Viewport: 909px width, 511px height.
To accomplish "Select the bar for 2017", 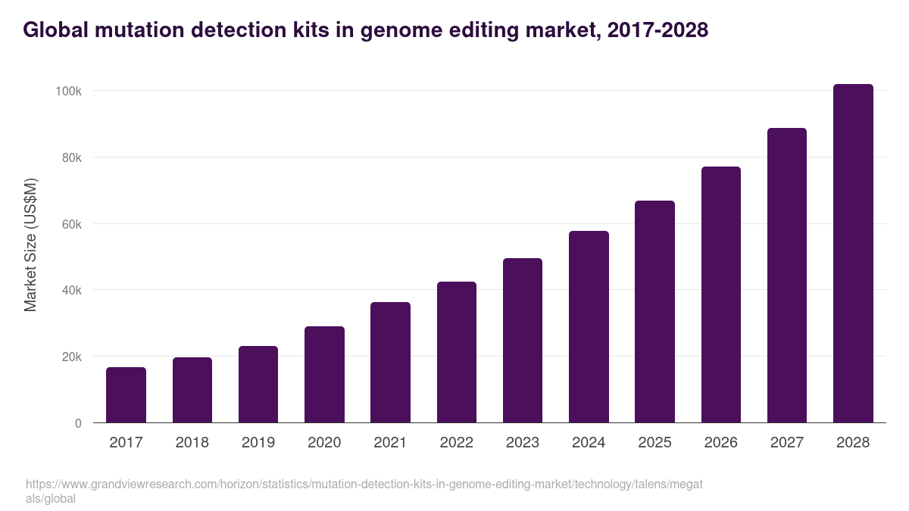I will tap(126, 395).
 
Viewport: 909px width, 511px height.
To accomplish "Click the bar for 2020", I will tap(324, 375).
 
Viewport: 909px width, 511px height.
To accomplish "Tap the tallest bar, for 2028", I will tap(853, 254).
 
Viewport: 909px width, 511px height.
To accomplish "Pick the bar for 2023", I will tap(523, 341).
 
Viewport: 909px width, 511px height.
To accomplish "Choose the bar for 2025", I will tap(654, 312).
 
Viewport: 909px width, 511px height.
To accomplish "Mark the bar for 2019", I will tap(258, 385).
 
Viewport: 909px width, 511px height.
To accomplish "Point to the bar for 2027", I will tap(787, 276).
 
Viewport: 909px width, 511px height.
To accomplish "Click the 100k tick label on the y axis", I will tap(69, 91).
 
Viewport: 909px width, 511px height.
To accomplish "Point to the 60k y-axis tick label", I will tap(71, 224).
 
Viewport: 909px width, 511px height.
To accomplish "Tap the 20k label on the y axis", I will tap(71, 357).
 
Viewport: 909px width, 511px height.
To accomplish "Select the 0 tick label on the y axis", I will tap(78, 423).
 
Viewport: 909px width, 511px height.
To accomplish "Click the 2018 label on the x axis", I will tap(192, 443).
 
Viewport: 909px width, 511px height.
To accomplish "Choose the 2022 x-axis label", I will tap(457, 443).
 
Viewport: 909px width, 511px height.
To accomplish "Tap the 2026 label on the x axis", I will tap(721, 443).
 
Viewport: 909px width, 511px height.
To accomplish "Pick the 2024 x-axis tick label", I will tap(589, 443).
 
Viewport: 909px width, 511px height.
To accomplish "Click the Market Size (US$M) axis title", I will tap(30, 245).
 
